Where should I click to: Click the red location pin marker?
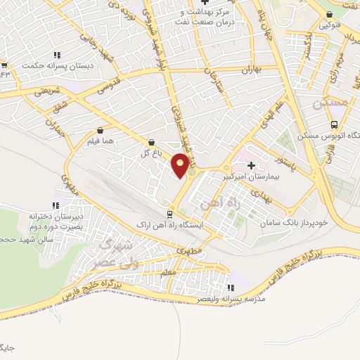(181, 165)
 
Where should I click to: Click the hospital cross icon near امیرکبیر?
(271, 165)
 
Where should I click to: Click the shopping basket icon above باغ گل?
(152, 141)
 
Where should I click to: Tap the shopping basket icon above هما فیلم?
(101, 130)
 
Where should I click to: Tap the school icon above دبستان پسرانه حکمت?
(56, 54)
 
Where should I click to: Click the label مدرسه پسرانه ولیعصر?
(233, 299)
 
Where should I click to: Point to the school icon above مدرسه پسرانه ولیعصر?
(229, 287)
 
